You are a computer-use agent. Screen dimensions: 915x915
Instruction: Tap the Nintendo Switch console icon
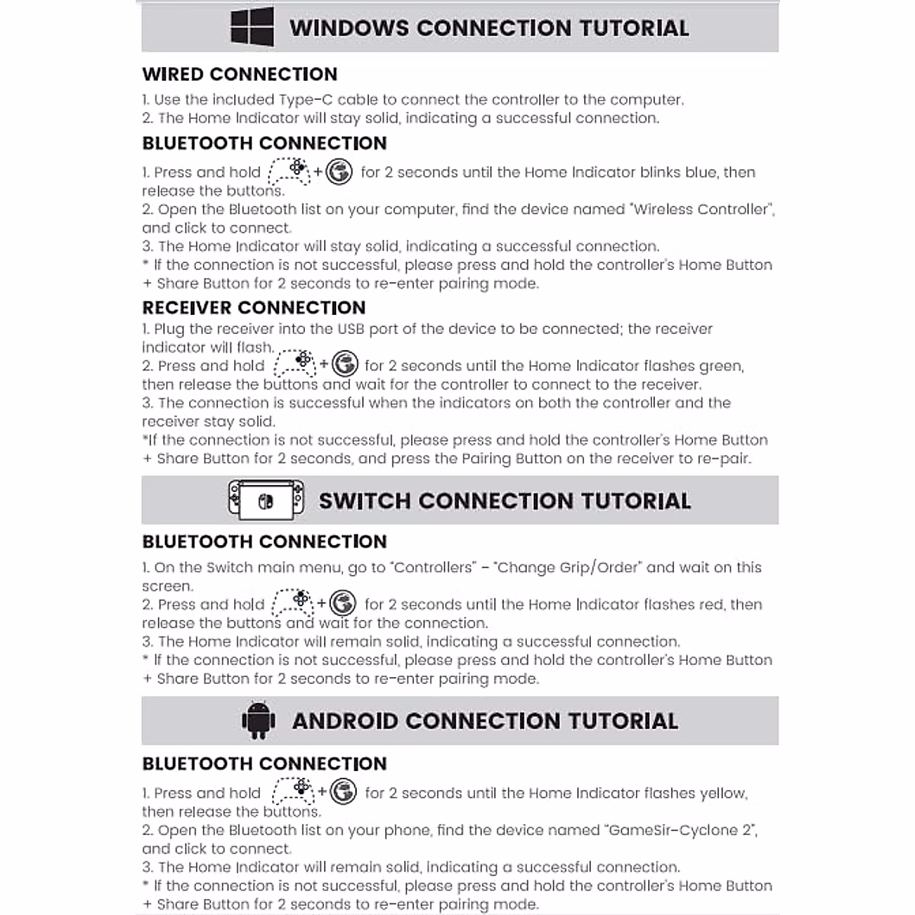265,500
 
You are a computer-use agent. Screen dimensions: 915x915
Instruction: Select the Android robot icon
258,721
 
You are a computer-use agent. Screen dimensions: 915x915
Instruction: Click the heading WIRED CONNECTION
239,74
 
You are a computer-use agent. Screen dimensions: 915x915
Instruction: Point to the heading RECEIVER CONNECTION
254,308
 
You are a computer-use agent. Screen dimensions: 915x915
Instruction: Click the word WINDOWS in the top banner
349,28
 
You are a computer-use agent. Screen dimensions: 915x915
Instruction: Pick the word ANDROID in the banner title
345,721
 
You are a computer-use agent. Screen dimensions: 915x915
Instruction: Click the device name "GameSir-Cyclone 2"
681,830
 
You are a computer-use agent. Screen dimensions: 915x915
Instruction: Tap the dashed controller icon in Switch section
294,603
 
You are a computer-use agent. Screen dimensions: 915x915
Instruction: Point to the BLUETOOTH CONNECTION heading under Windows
265,143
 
